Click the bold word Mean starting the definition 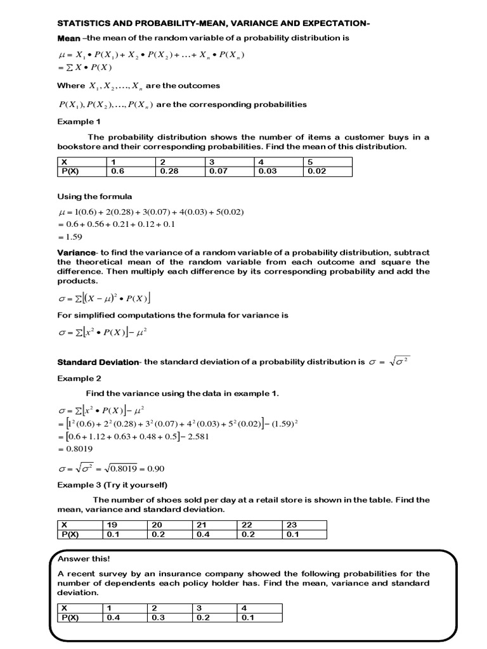(x=69, y=38)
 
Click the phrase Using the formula (x=94, y=196)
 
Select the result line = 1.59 (x=71, y=236)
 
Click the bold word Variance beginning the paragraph (x=77, y=252)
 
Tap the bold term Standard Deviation (x=98, y=362)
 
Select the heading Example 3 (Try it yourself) (x=112, y=485)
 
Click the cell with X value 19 (x=112, y=525)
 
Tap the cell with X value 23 (x=291, y=525)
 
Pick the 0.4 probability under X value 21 (x=201, y=534)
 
